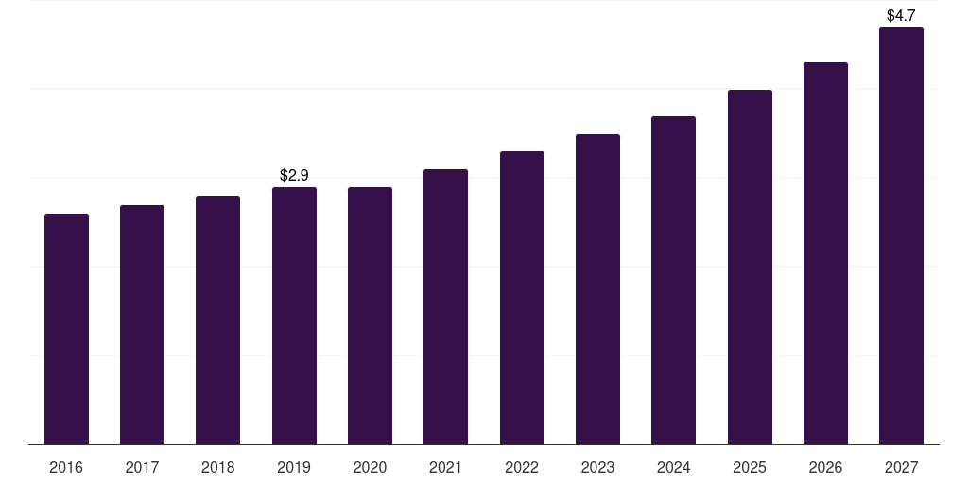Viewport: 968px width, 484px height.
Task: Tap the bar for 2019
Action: pyautogui.click(x=294, y=316)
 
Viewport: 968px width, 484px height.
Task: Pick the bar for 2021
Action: pyautogui.click(x=445, y=306)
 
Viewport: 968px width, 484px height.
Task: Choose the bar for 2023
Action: pyautogui.click(x=597, y=289)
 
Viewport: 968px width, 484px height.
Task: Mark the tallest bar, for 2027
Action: pyautogui.click(x=901, y=235)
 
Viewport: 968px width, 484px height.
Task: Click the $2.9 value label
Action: pyautogui.click(x=294, y=175)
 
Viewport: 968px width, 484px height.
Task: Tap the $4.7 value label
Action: pyautogui.click(x=901, y=15)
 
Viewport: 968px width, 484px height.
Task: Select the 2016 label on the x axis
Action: pyautogui.click(x=66, y=467)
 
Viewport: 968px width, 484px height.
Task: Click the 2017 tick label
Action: pyautogui.click(x=142, y=467)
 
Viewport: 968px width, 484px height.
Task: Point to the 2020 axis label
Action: pyautogui.click(x=370, y=467)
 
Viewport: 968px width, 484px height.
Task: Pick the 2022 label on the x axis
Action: pyautogui.click(x=522, y=467)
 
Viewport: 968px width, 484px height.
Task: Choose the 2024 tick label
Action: pyautogui.click(x=673, y=467)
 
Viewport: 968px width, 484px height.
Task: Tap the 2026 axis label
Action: pyautogui.click(x=825, y=467)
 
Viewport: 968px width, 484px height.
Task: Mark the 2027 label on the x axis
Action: pyautogui.click(x=901, y=467)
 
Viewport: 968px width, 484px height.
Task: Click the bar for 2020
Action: pyautogui.click(x=370, y=316)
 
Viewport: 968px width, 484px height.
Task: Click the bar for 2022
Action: pyautogui.click(x=522, y=298)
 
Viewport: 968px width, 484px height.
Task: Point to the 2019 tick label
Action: pyautogui.click(x=294, y=467)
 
